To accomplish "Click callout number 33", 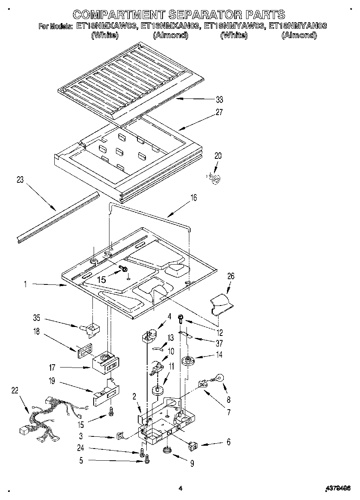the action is coord(220,99).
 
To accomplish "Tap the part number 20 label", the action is coord(218,156).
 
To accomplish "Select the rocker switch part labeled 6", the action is coord(193,446).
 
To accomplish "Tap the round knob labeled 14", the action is coord(187,360).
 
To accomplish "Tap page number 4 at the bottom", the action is coord(180,489).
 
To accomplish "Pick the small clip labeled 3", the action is coord(120,436).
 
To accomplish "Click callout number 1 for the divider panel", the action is coord(25,285).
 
